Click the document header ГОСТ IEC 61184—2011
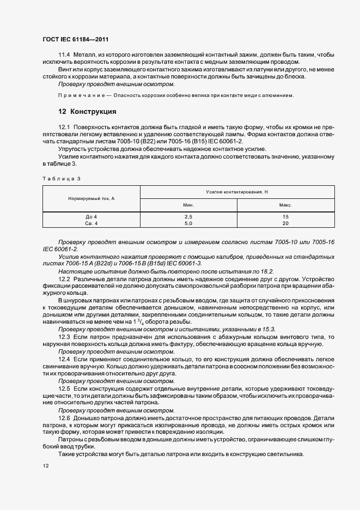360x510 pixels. [78, 40]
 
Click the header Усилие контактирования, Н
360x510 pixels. [237, 192]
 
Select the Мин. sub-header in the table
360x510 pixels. [189, 205]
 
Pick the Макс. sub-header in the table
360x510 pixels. [286, 205]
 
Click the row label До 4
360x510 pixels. [91, 217]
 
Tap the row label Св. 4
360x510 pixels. [91, 223]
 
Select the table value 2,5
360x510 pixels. [189, 217]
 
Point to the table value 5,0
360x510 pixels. [189, 223]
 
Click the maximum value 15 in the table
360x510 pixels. [286, 217]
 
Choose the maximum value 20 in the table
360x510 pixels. [286, 223]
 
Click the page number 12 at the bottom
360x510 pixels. [45, 466]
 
